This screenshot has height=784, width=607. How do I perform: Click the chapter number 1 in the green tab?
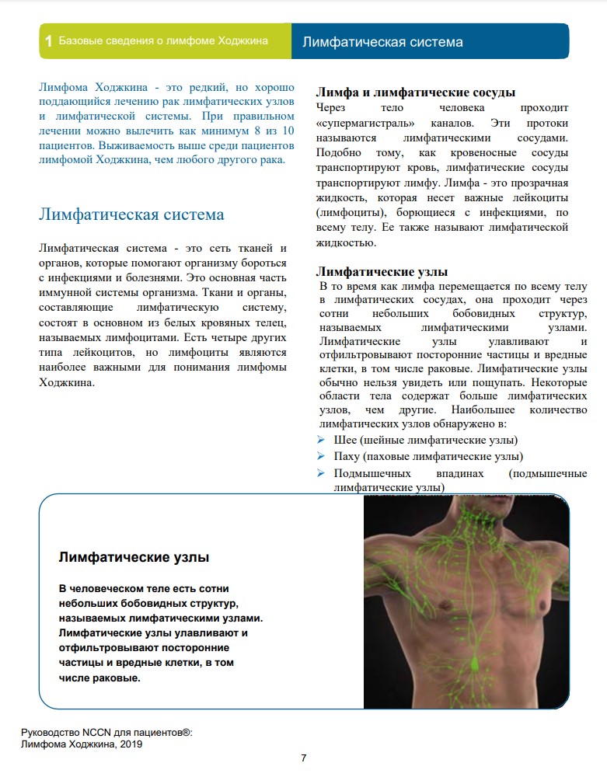point(49,41)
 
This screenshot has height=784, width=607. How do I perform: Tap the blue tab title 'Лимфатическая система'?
point(382,42)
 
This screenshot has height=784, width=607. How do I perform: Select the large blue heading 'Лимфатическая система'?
point(131,214)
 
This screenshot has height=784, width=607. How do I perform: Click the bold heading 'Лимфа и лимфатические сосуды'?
point(415,92)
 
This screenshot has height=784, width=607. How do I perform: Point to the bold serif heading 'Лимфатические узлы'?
point(381,272)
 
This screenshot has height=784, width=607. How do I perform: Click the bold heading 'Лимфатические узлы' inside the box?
point(134,557)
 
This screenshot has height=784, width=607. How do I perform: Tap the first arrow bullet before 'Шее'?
point(320,441)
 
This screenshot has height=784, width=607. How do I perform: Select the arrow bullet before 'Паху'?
point(320,456)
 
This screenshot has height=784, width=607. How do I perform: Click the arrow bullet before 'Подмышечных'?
point(320,472)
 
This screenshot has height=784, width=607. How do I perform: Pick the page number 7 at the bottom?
point(303,758)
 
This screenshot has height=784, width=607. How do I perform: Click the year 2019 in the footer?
point(129,744)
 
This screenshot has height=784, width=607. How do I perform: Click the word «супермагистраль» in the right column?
point(361,124)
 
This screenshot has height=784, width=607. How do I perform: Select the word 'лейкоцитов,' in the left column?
point(99,353)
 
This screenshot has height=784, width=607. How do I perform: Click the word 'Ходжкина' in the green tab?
point(243,41)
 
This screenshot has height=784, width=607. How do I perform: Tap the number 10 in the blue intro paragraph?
point(288,131)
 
